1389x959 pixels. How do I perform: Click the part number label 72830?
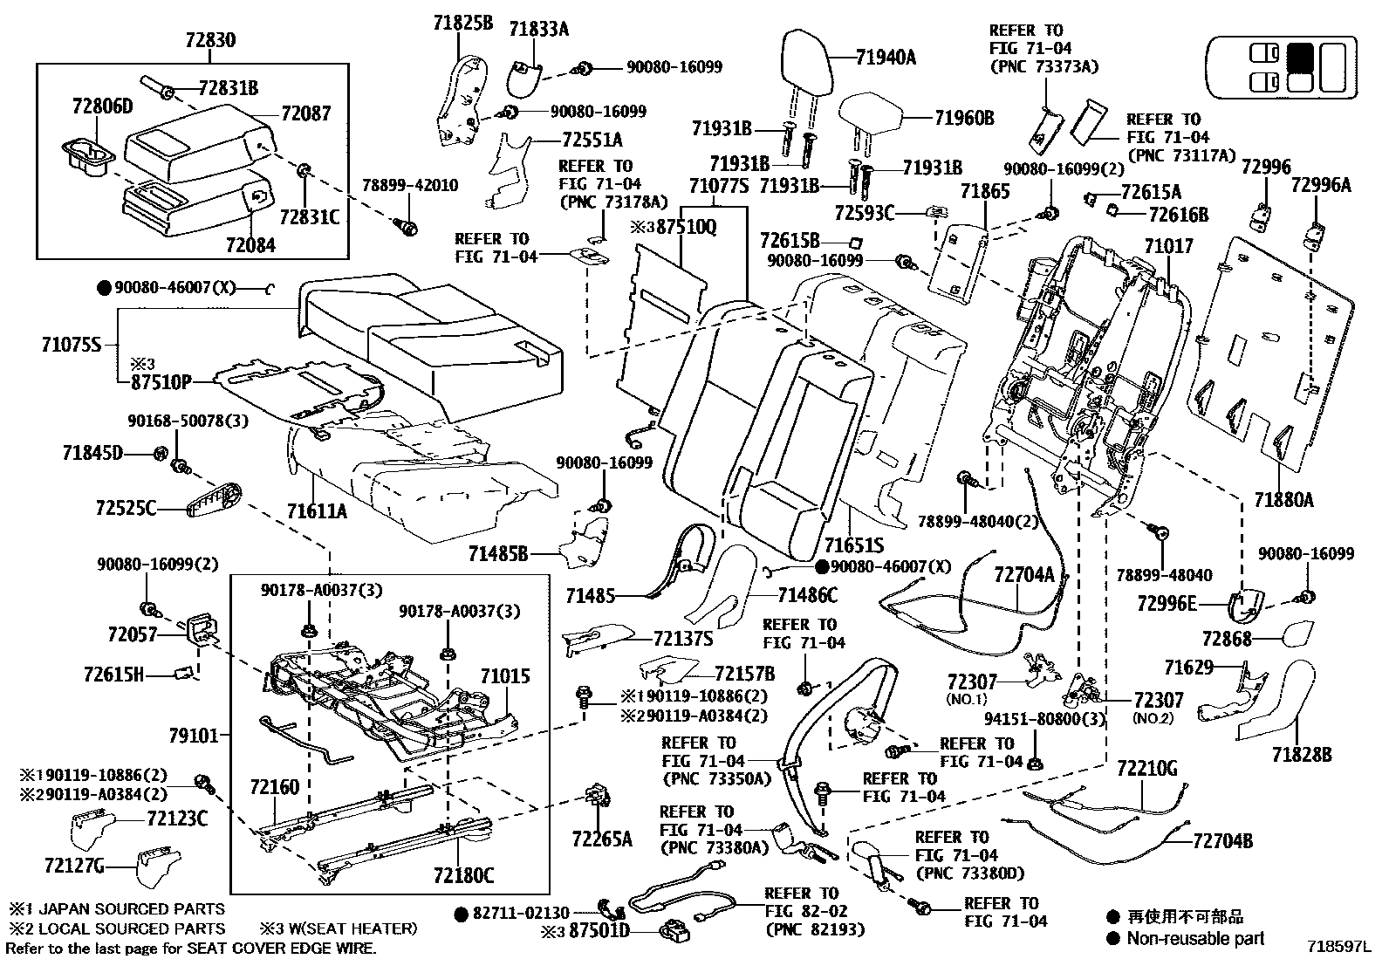[209, 40]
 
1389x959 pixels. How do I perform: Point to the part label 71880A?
[1283, 499]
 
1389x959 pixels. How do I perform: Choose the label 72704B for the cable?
[1222, 840]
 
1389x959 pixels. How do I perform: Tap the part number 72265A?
[601, 839]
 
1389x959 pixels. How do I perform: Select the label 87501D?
[599, 931]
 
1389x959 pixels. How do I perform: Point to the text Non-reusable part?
[1194, 938]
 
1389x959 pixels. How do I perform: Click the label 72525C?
[126, 507]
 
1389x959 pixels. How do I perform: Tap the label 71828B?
[1302, 754]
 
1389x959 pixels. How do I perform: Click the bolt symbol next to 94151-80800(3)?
[1034, 764]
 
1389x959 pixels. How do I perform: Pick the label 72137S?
[683, 639]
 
